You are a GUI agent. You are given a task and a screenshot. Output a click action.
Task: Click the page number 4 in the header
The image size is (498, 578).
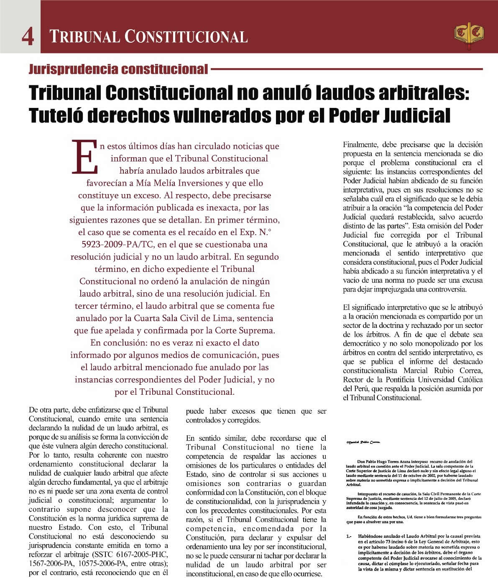[28, 36]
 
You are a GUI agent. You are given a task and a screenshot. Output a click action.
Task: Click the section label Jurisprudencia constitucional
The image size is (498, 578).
[118, 69]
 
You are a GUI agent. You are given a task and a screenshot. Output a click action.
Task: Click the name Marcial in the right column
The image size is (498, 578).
[419, 371]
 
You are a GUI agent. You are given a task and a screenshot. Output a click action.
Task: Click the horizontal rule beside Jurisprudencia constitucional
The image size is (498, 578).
[347, 69]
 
